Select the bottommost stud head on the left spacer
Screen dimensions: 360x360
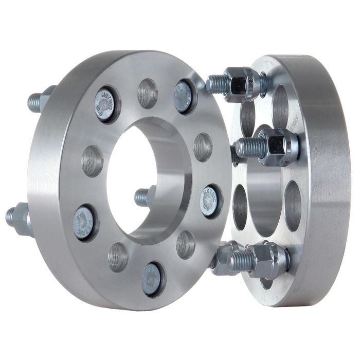point(152,279)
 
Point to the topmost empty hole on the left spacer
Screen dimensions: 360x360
point(148,93)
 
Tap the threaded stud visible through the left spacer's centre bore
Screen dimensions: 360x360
point(142,196)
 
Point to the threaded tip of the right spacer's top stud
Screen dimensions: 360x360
point(216,84)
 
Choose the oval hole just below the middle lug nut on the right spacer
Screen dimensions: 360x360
point(292,199)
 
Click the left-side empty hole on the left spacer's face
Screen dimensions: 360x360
point(92,161)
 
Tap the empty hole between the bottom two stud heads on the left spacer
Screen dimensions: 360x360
point(118,257)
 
